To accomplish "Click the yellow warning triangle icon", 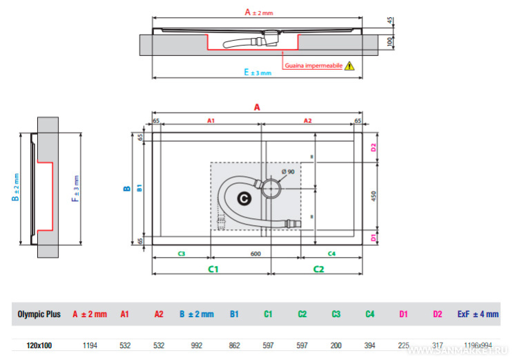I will click(349, 66).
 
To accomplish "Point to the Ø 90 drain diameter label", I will click(287, 171).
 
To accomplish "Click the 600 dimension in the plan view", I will click(255, 254).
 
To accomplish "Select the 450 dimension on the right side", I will click(374, 195).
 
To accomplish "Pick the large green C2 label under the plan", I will click(319, 268).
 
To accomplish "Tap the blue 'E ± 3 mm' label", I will click(258, 73).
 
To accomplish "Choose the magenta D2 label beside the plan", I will click(374, 147).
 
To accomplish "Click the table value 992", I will click(197, 345).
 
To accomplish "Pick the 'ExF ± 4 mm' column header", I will click(477, 314).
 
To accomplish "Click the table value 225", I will click(403, 345).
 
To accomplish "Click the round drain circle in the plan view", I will click(270, 187).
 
